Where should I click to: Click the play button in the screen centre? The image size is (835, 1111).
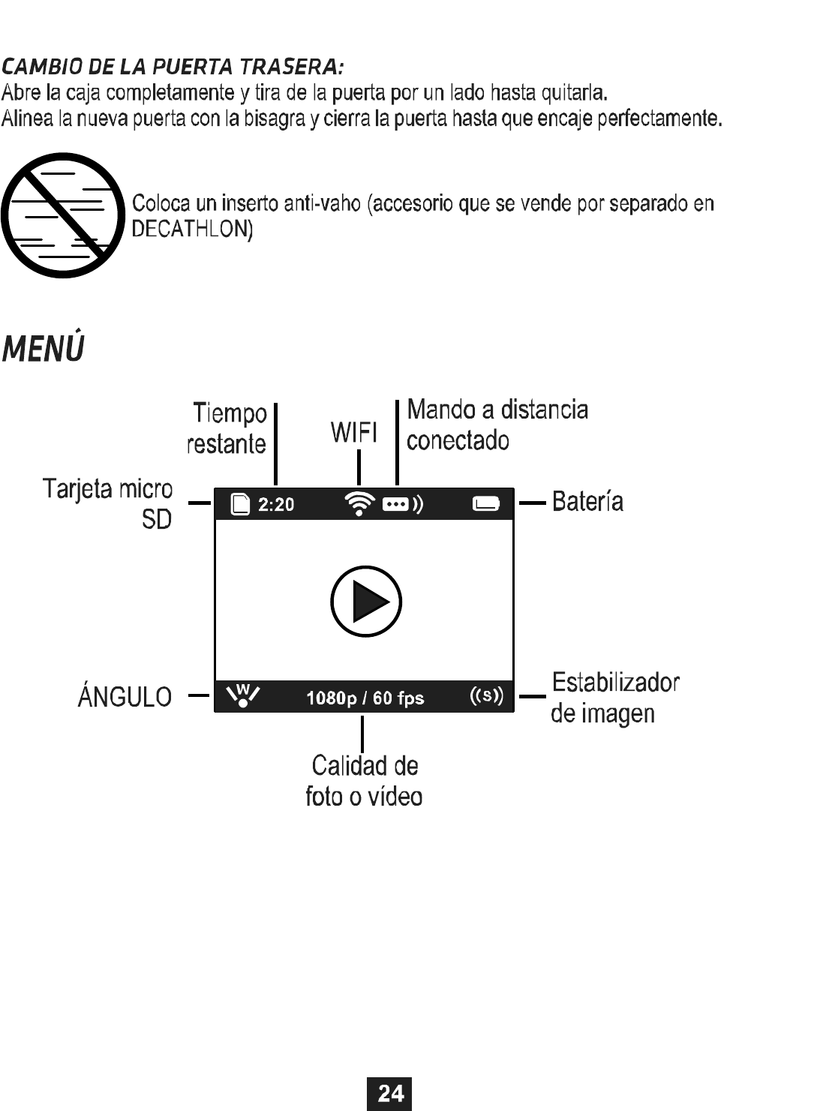coord(366,602)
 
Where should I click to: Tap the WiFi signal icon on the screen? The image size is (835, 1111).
coord(361,503)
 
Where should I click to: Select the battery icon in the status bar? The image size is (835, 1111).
coord(485,504)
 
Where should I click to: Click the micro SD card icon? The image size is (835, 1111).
coord(240,504)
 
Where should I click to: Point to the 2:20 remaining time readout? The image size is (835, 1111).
coord(276,505)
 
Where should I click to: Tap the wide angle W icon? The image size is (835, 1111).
coord(242,696)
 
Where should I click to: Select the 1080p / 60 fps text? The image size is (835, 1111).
coord(365,698)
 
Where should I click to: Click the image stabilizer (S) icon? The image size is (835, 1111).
coord(486,695)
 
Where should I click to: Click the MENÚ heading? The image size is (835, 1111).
coord(43,350)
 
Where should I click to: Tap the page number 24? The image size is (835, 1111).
coord(389,1093)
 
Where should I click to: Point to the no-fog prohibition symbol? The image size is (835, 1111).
coord(62,216)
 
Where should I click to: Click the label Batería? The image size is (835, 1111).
coord(587,501)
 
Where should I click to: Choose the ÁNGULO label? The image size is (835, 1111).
coord(125,697)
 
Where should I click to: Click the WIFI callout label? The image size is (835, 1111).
coord(354,433)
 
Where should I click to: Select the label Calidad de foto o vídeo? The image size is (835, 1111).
coord(364,781)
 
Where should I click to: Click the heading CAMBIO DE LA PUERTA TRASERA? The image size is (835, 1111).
coord(173,68)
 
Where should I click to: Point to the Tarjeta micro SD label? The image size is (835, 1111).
coord(109,503)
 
